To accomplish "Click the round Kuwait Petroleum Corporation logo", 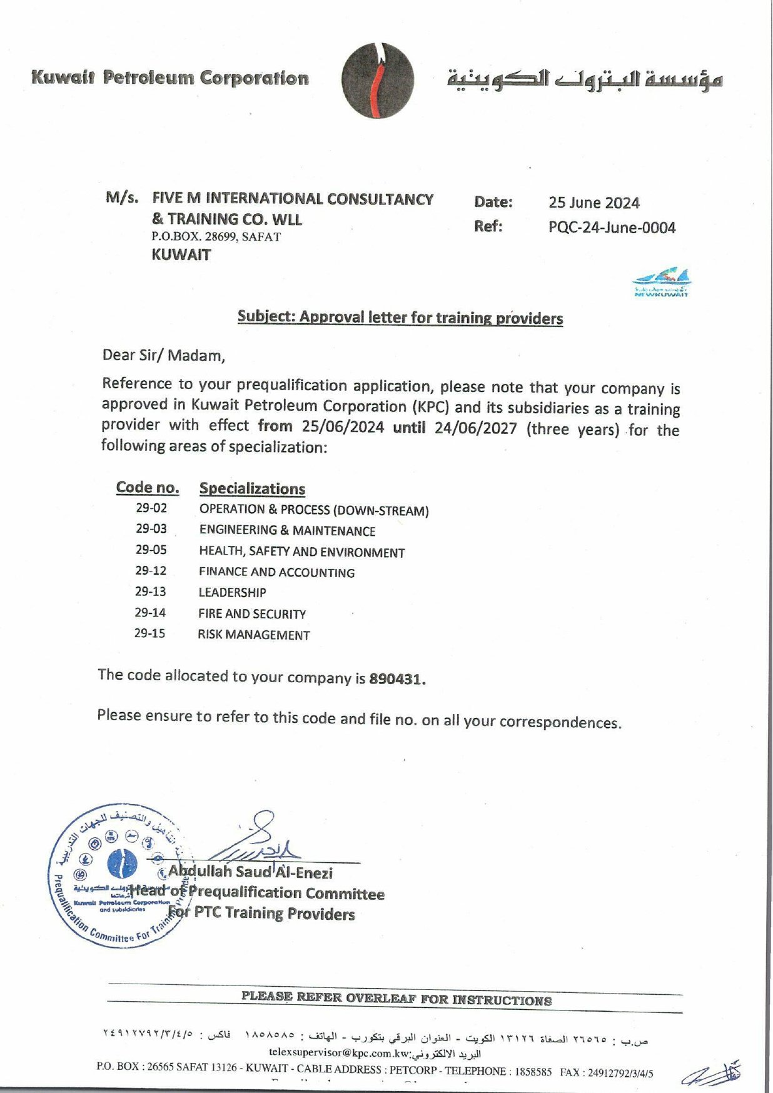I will [378, 81].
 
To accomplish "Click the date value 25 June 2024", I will [594, 203].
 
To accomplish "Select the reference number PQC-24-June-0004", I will [612, 228].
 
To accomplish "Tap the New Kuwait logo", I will [661, 282].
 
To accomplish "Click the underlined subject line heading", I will [400, 318].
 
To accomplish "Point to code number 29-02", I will [151, 508].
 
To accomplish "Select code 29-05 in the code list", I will [151, 550].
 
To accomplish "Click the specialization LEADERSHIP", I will [232, 592].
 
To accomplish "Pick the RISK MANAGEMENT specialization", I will [253, 635].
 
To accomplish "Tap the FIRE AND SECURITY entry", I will [252, 613].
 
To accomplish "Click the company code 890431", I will [397, 679].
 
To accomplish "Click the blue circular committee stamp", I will [120, 875].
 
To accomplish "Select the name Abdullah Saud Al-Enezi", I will [250, 872].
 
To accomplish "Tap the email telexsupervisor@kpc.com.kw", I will [339, 1052].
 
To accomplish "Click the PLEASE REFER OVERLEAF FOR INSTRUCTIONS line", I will [397, 999].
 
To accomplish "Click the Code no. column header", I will [148, 488].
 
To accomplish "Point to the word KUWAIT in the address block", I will [181, 255].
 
